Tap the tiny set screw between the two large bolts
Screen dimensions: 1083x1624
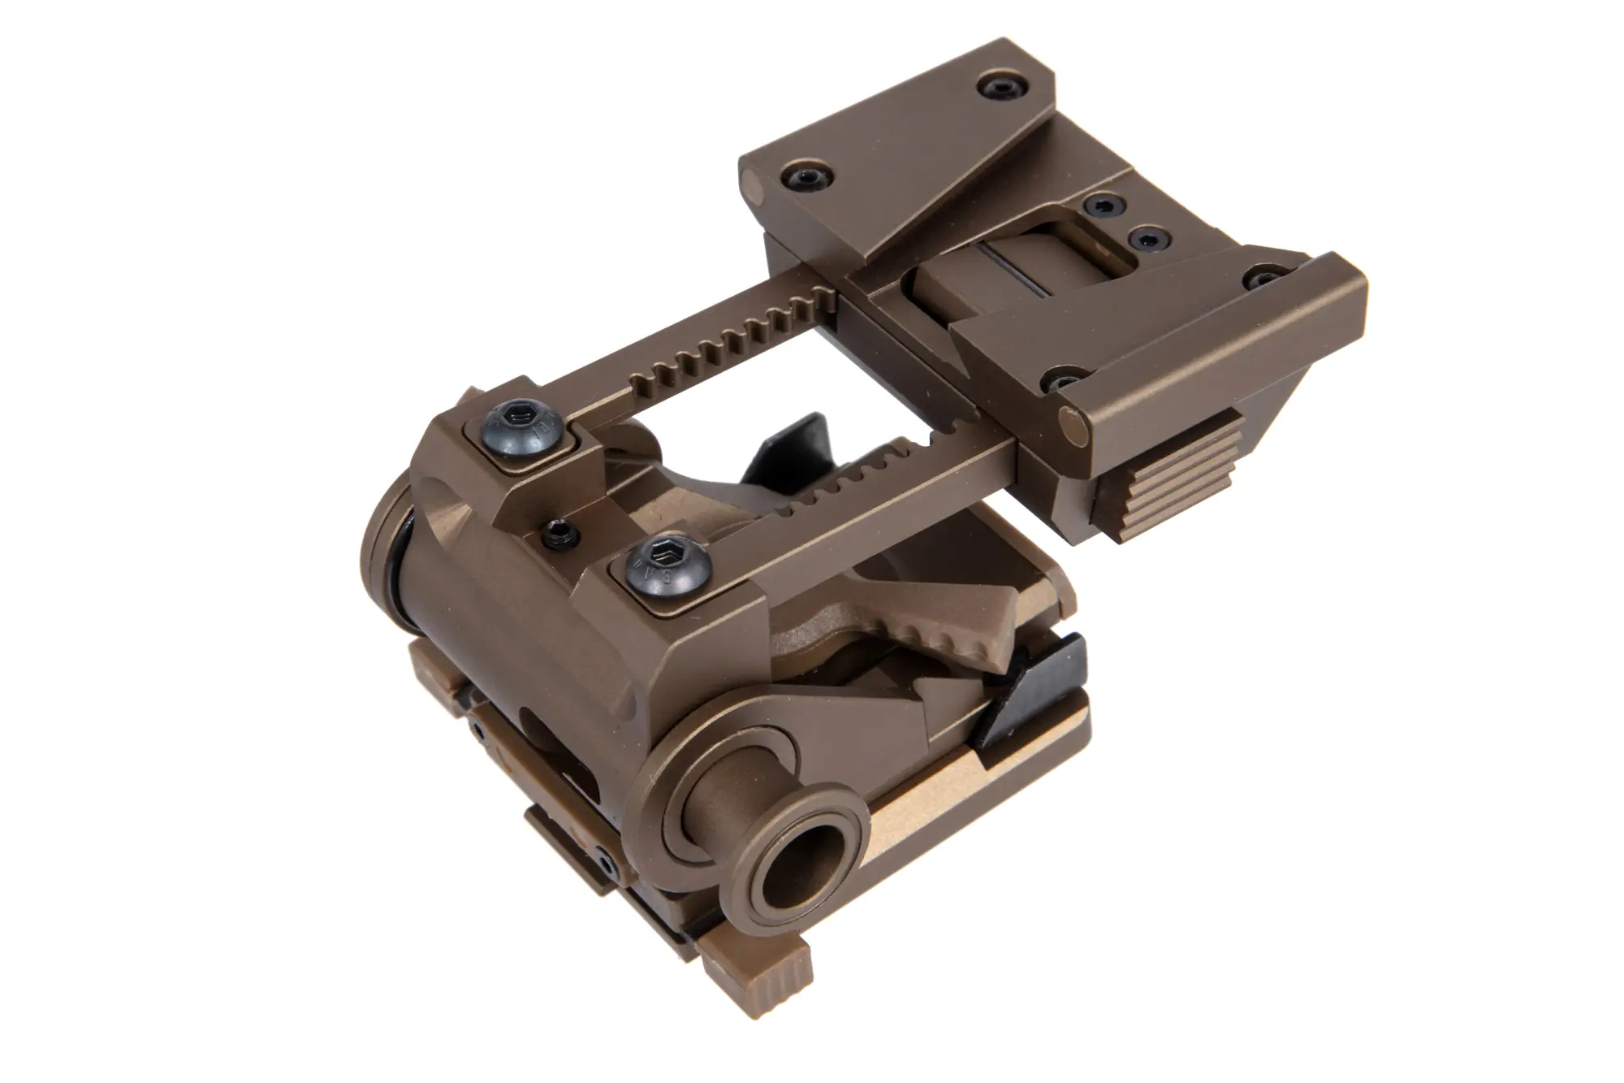click(561, 533)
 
